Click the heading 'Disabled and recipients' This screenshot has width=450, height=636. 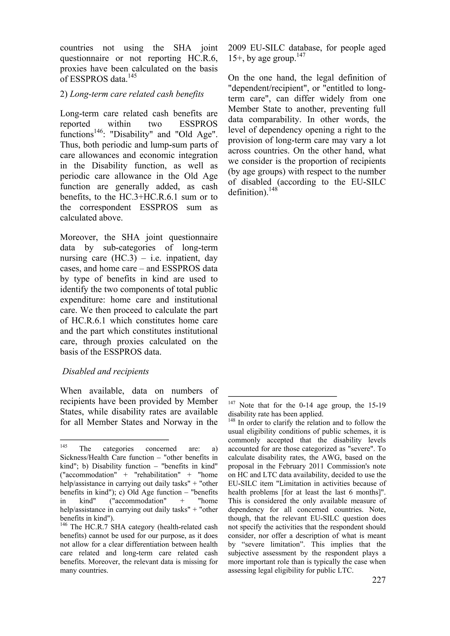(105, 371)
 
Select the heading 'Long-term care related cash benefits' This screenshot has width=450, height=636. (136, 94)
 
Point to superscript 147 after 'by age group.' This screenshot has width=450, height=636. (301, 55)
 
